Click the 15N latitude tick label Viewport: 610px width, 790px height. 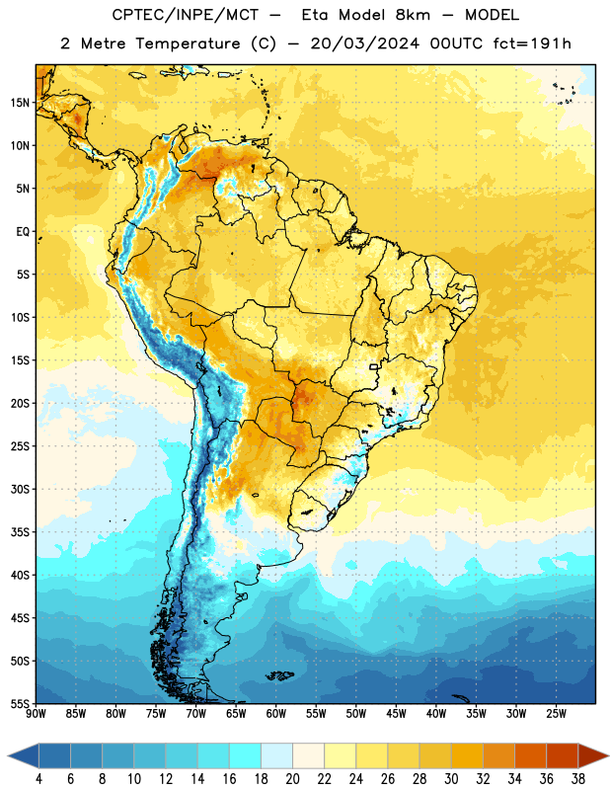[x=20, y=103]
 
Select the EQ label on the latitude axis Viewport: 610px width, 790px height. [x=23, y=232]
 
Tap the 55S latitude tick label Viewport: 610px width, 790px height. [x=20, y=703]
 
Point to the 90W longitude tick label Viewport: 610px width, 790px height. [x=36, y=713]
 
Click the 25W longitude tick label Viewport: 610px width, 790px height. [x=556, y=713]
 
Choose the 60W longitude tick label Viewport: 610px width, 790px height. [x=276, y=713]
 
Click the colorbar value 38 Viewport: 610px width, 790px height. [x=577, y=779]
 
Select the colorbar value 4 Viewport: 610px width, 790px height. [x=38, y=779]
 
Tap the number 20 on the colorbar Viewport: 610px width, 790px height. [x=292, y=779]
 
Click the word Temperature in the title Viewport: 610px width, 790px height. [x=188, y=43]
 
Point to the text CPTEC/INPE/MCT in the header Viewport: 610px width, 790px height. [x=185, y=15]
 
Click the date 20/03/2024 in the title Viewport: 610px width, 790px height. [x=364, y=43]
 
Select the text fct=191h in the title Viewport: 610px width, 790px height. [x=532, y=43]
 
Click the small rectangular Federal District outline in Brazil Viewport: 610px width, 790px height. [x=374, y=366]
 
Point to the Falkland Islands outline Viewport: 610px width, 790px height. [x=279, y=675]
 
